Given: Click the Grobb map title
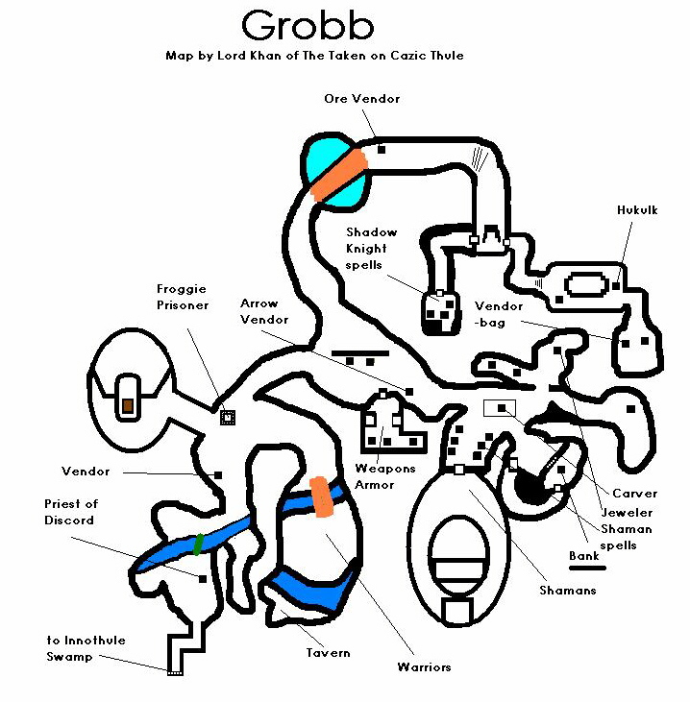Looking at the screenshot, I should click(308, 25).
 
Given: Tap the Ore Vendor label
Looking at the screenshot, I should click(361, 98).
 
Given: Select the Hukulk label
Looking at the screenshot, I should click(637, 209).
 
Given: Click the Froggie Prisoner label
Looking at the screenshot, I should click(182, 298).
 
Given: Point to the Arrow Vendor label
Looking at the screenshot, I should click(264, 311).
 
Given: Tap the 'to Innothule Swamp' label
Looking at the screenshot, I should click(86, 648).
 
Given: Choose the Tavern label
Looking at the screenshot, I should click(328, 653).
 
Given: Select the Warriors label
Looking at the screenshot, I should click(424, 666).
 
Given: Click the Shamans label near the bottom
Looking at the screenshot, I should click(567, 591).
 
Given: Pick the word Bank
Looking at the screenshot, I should click(583, 556).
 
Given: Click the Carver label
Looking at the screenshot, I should click(634, 494).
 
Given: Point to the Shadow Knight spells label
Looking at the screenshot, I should click(371, 249).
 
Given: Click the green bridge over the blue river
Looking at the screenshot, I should click(198, 545).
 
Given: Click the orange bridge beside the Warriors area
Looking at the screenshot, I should click(321, 496).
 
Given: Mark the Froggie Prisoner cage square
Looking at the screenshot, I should click(228, 417).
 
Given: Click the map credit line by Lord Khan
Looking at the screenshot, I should click(314, 56).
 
